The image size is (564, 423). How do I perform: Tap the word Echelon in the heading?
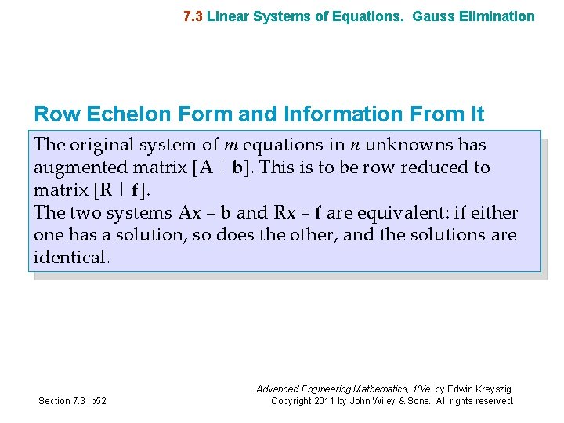pos(132,114)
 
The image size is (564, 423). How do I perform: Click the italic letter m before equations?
pos(231,145)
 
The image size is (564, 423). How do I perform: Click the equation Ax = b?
pos(205,213)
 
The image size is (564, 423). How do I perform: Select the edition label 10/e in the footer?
pos(417,389)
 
